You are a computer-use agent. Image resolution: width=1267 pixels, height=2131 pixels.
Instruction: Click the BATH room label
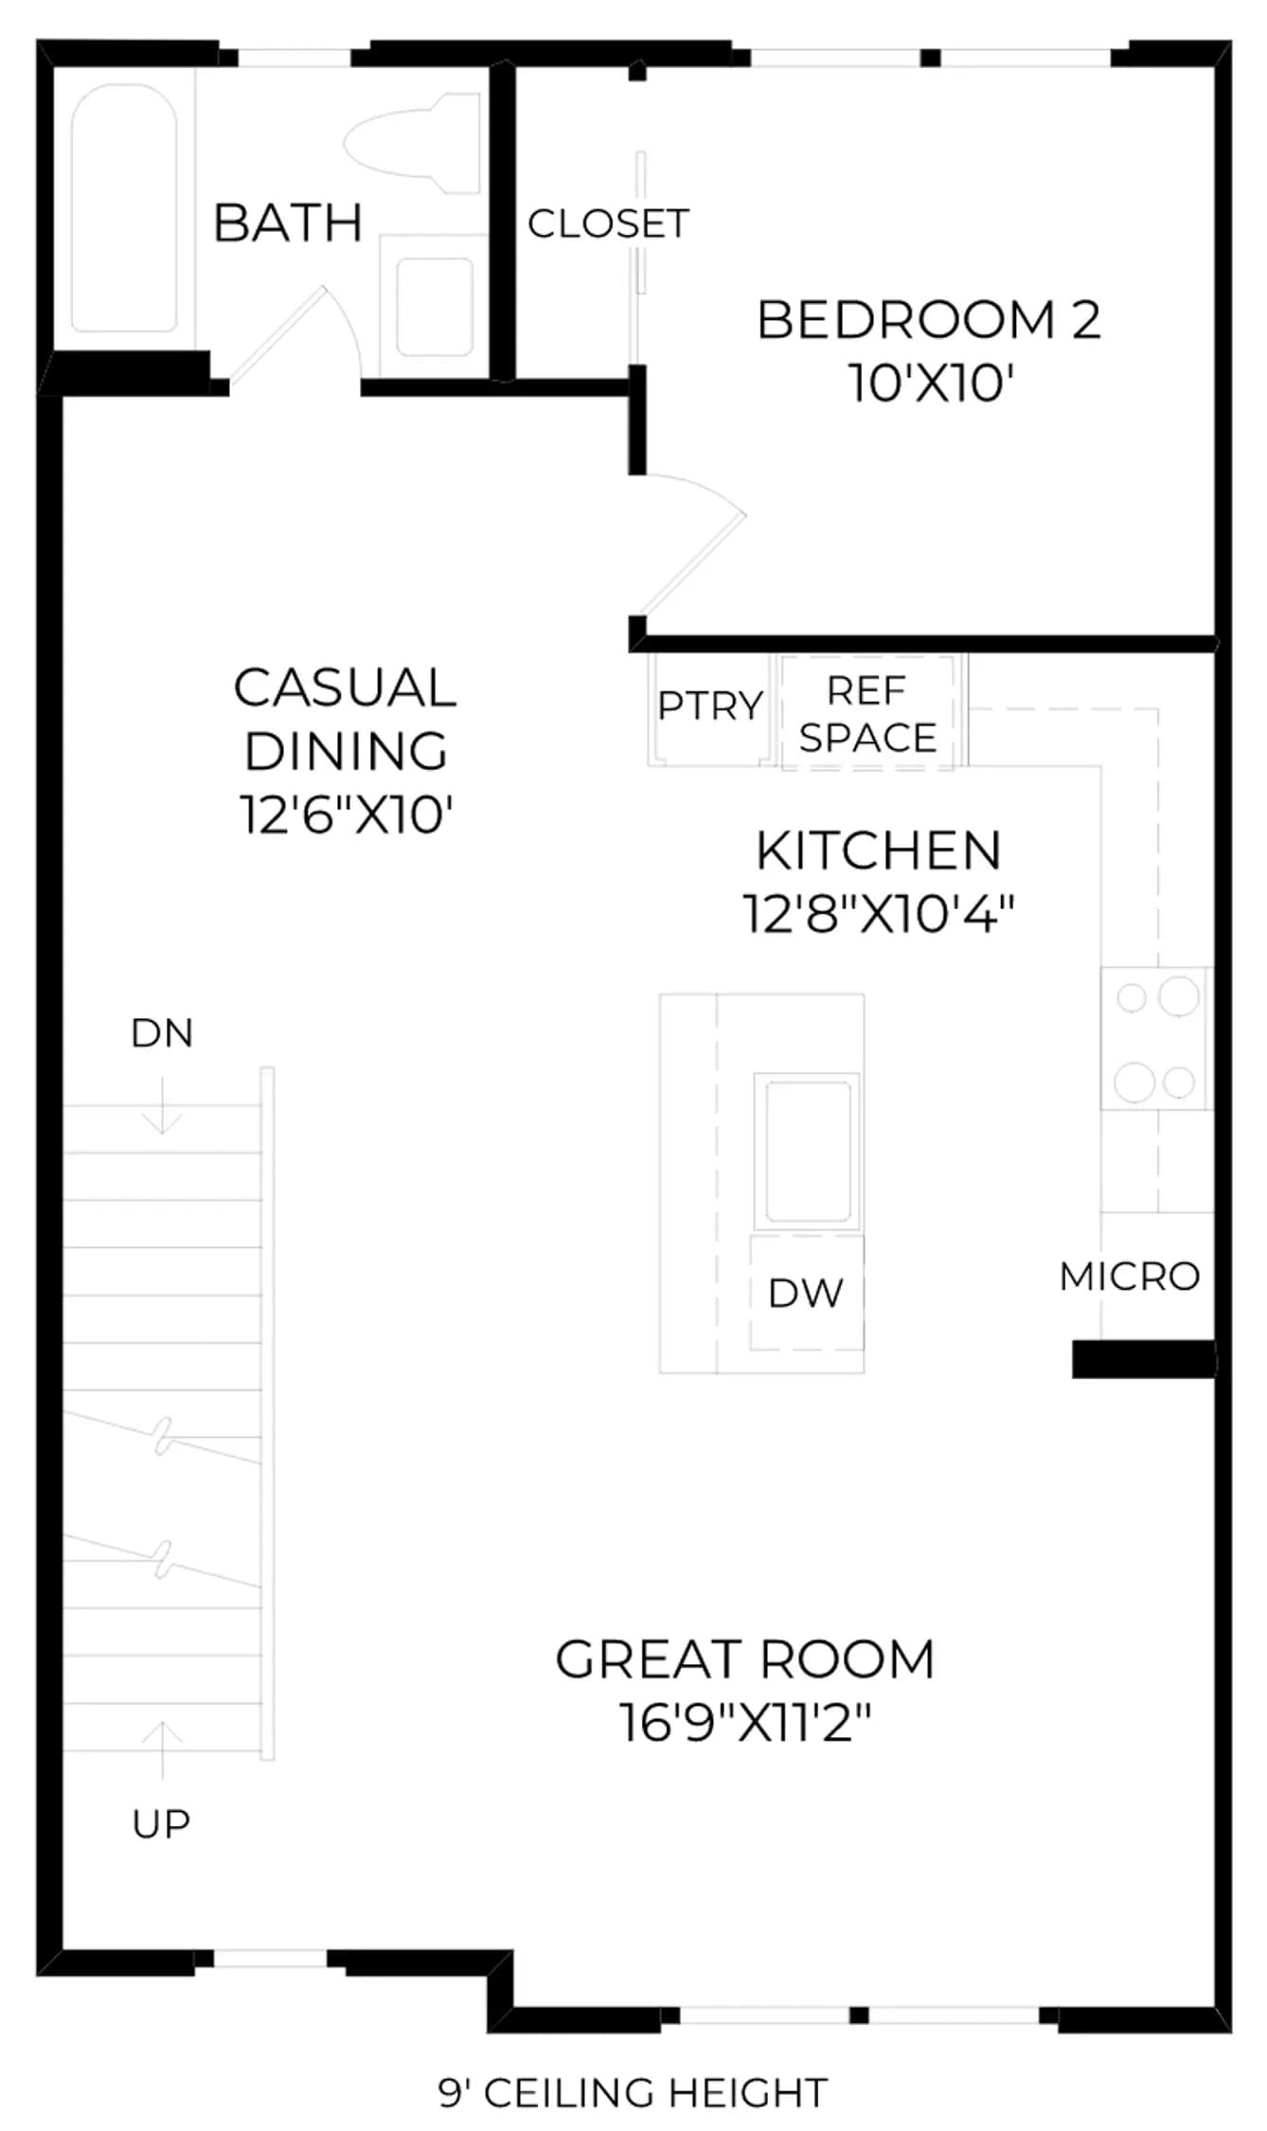point(288,224)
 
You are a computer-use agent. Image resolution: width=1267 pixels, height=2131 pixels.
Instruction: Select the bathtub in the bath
point(124,207)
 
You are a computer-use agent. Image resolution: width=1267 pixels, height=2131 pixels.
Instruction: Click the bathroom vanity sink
point(435,306)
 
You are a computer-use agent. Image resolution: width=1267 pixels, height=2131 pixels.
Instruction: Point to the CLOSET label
point(608,224)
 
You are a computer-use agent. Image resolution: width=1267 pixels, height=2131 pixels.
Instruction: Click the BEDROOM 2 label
point(929,320)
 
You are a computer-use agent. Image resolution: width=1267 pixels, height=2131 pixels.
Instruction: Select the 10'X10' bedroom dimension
point(931,384)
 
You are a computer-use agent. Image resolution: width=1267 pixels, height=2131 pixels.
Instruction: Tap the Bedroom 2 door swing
point(689,545)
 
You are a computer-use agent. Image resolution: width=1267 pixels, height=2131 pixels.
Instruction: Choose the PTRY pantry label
point(710,706)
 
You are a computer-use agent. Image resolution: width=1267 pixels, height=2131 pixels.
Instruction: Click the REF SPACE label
point(867,714)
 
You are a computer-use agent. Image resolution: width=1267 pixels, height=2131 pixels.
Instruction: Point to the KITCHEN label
point(878,851)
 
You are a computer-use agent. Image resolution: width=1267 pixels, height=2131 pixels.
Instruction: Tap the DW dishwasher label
point(806,1294)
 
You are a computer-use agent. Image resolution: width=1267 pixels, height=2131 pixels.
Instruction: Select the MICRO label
point(1130,1277)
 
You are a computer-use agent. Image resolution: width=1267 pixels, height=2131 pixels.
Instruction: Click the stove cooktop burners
point(1155,1038)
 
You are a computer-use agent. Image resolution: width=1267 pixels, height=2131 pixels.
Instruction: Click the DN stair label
point(162,1033)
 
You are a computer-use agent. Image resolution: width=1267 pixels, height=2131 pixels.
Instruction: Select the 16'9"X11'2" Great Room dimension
point(745,1723)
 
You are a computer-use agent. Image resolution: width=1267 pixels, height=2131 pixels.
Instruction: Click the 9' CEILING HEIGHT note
point(633,2092)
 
